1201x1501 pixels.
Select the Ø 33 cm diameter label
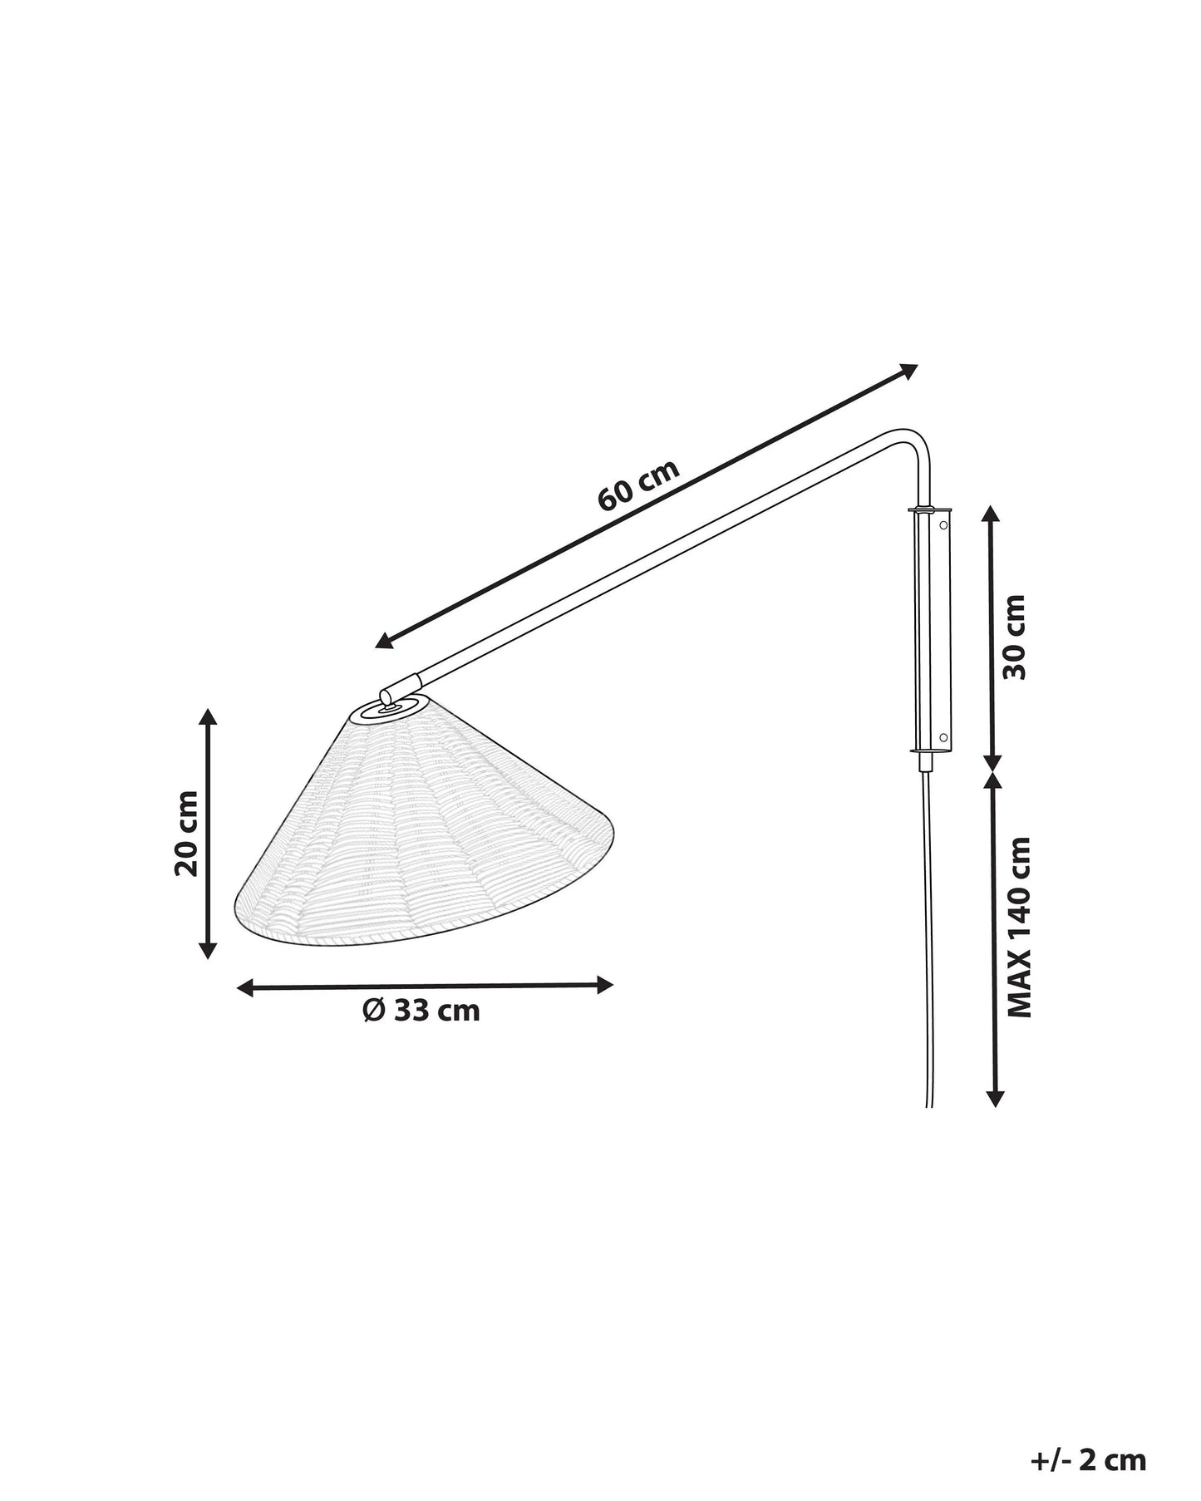click(422, 1010)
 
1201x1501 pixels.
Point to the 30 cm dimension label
click(1014, 637)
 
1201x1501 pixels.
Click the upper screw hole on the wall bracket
click(943, 524)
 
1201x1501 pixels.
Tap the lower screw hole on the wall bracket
click(943, 737)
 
